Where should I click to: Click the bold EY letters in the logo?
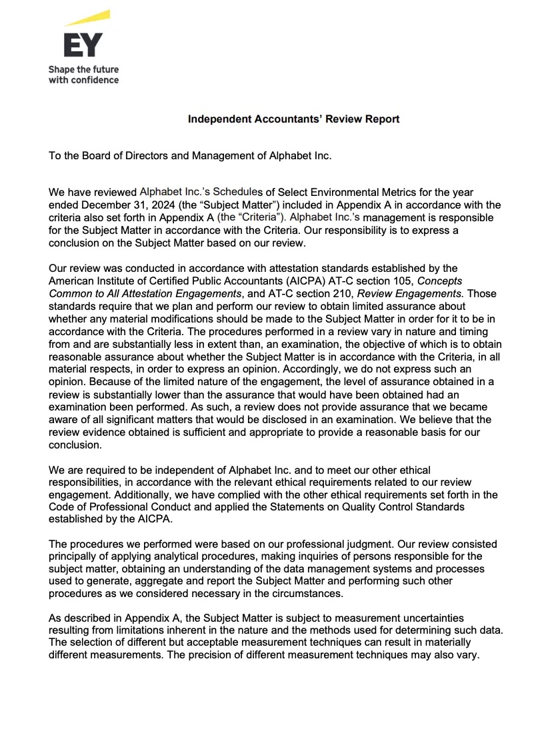pos(83,46)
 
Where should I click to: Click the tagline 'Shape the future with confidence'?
pos(83,75)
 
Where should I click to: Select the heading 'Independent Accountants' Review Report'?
pos(293,119)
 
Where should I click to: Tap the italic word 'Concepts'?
pos(439,281)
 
